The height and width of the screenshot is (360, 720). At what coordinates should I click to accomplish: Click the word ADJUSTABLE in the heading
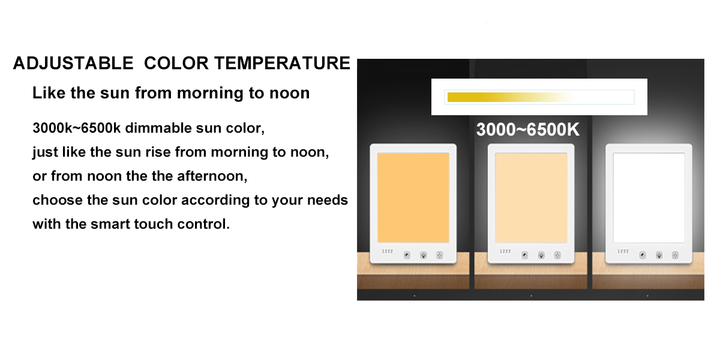coord(73,63)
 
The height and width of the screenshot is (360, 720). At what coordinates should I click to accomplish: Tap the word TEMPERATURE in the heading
coord(282,63)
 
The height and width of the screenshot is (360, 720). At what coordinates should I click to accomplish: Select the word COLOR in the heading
coord(176,63)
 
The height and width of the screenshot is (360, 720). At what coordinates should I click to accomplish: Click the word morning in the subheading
coord(210,93)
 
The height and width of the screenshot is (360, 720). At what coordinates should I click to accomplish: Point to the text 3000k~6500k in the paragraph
coord(77,128)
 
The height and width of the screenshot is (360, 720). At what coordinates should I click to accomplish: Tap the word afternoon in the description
coord(212,176)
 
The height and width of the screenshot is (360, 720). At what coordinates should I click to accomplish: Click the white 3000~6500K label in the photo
coord(528,130)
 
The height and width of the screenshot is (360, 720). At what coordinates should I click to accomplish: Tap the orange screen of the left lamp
coord(413,197)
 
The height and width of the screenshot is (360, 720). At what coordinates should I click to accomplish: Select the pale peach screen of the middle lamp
coord(531,197)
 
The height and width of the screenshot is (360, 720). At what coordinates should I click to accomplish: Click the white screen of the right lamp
coord(649,197)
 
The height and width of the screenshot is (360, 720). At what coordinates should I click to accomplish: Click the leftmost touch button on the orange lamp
coord(407,255)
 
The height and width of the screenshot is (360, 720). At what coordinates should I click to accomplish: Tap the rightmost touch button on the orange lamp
coord(439,255)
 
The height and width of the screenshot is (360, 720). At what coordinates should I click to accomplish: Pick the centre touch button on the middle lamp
coord(541,255)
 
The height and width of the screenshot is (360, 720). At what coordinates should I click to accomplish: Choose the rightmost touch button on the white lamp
coord(676,255)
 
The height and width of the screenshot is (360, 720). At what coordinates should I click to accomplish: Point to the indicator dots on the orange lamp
coord(388,251)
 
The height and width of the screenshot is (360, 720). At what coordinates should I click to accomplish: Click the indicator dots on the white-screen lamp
coord(623,251)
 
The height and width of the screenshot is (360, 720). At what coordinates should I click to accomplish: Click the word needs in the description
coord(328,200)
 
